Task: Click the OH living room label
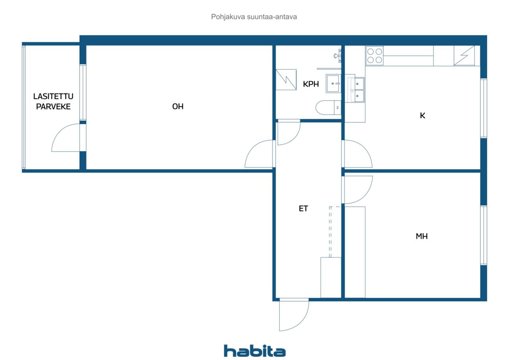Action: pyautogui.click(x=178, y=106)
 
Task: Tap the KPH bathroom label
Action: pyautogui.click(x=311, y=84)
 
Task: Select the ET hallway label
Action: pyautogui.click(x=303, y=208)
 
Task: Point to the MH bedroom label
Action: pyautogui.click(x=422, y=236)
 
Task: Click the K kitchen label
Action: pyautogui.click(x=422, y=115)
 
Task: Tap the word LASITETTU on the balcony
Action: pyautogui.click(x=53, y=96)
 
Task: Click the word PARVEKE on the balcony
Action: pyautogui.click(x=53, y=107)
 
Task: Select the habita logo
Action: pyautogui.click(x=254, y=351)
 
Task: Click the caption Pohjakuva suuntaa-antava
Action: pyautogui.click(x=254, y=17)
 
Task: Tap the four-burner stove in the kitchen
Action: pyautogui.click(x=375, y=56)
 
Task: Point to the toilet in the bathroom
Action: pyautogui.click(x=328, y=107)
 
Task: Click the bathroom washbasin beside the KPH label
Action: pyautogui.click(x=333, y=84)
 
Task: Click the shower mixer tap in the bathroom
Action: pyautogui.click(x=338, y=56)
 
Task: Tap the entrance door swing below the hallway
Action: pyautogui.click(x=294, y=315)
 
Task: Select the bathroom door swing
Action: pyautogui.click(x=289, y=132)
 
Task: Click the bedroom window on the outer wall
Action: pyautogui.click(x=484, y=235)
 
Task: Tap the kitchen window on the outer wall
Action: pyautogui.click(x=484, y=108)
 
